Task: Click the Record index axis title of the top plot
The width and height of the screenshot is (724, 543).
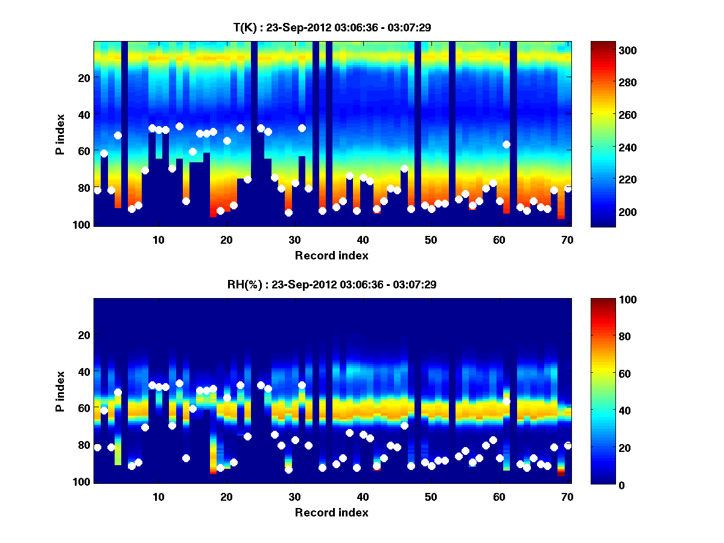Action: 331,256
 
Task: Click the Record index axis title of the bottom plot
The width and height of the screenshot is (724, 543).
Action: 331,513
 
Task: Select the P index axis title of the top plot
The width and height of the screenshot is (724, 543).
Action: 60,134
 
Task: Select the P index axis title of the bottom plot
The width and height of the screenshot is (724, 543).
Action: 60,391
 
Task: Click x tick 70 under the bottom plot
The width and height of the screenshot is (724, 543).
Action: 567,497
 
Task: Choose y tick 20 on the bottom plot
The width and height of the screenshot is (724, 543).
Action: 84,335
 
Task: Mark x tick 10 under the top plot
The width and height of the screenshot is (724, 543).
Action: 158,240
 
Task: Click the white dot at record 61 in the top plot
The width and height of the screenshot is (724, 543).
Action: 506,144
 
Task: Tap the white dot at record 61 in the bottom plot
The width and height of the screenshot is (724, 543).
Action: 506,401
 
